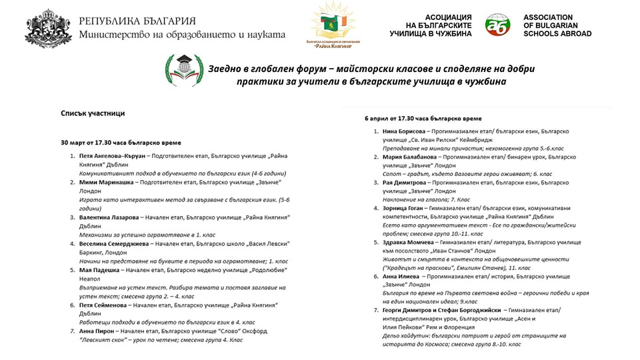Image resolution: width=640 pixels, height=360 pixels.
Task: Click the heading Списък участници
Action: point(93,114)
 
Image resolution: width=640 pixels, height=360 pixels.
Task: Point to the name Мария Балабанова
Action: point(411,157)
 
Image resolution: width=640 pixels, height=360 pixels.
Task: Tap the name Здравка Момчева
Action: point(410,242)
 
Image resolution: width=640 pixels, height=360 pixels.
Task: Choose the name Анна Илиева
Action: point(402,275)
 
